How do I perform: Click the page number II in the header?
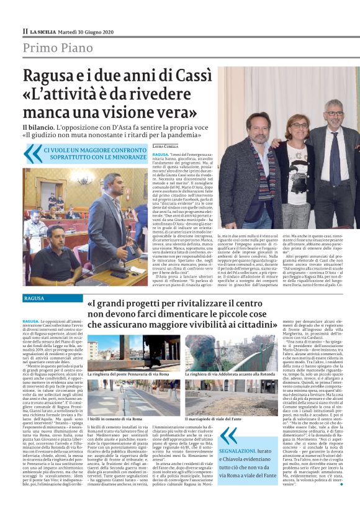(25, 30)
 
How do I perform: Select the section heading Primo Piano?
(58, 47)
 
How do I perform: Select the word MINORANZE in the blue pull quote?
(122, 158)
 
